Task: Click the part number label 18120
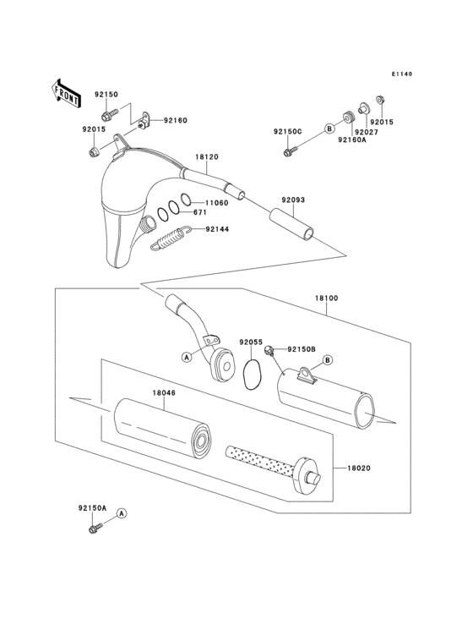click(x=207, y=156)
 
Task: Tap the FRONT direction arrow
click(x=67, y=91)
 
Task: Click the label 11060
click(x=216, y=203)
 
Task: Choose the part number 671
click(x=199, y=212)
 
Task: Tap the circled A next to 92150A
click(x=122, y=512)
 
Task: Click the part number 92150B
click(x=302, y=348)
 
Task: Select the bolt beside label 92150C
click(x=290, y=151)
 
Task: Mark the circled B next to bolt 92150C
click(x=328, y=129)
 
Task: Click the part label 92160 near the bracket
click(x=175, y=121)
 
